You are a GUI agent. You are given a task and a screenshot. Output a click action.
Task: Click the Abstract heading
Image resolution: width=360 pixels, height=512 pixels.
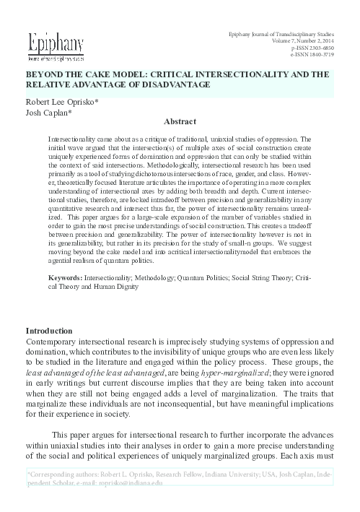(x=180, y=123)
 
